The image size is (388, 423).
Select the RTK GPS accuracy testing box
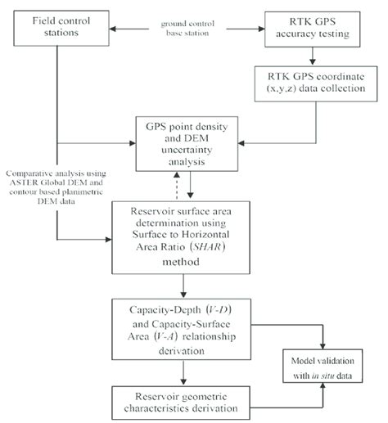tap(314, 26)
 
